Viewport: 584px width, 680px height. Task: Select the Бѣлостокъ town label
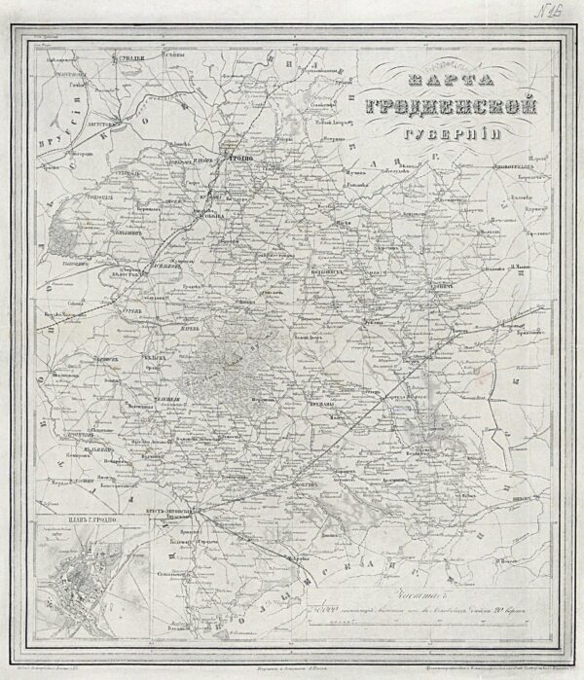pyautogui.click(x=128, y=274)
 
